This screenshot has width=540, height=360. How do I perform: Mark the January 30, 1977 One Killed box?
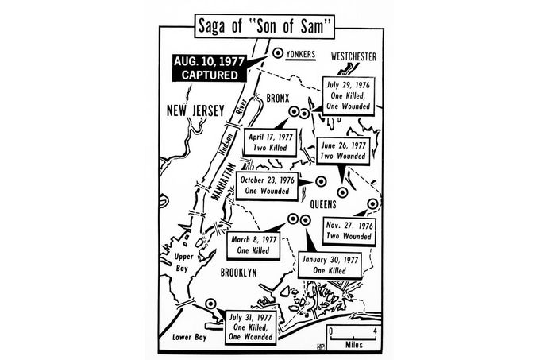point(331,265)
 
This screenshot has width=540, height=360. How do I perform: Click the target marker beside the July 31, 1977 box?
point(210,303)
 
